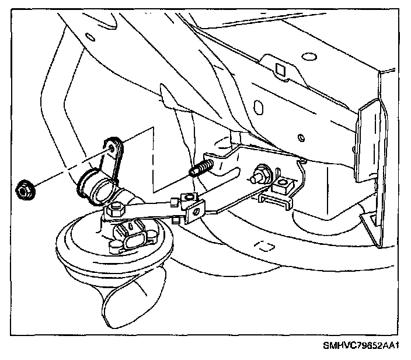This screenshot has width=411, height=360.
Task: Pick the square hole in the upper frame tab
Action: [281, 70]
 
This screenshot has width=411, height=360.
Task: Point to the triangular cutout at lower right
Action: [370, 223]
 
